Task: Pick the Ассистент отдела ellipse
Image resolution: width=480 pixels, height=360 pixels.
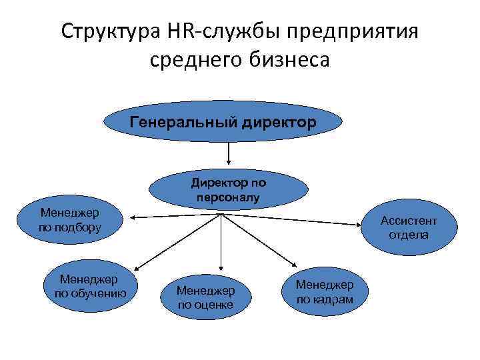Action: coord(409,228)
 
